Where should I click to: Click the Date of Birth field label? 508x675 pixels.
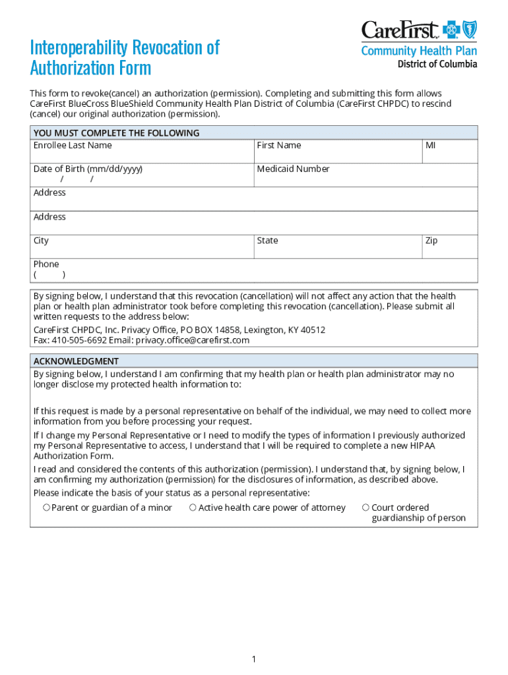pos(88,169)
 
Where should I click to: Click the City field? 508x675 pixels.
pos(142,247)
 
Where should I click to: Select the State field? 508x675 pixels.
pos(338,247)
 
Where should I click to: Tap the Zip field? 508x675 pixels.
pos(449,247)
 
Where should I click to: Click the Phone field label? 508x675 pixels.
pos(46,264)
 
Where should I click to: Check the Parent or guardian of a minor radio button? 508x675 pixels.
pos(46,508)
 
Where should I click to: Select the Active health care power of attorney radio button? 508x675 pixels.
pos(193,508)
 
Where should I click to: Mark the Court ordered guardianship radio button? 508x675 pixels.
pos(365,508)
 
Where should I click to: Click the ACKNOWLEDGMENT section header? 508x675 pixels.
pos(77,361)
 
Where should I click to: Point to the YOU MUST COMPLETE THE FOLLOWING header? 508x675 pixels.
pos(116,133)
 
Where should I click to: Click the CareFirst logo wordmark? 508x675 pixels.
pos(400,30)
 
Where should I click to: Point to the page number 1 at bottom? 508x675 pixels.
pos(253,659)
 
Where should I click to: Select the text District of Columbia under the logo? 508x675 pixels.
pos(437,64)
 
